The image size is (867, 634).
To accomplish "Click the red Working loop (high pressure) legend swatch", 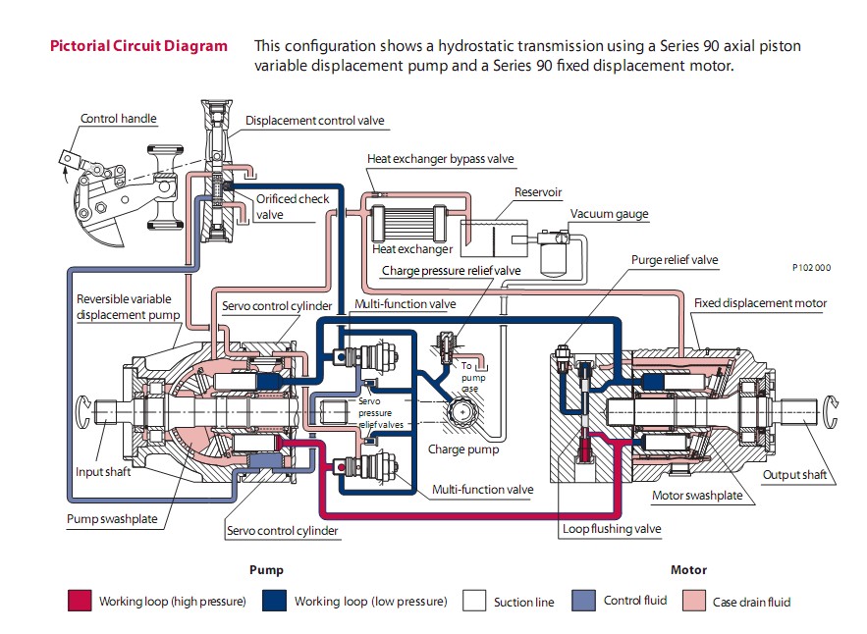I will (80, 601).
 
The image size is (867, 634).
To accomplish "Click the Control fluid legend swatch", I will (584, 601).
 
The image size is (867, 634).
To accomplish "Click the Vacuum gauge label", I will (609, 214).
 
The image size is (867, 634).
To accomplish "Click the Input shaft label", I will (103, 472).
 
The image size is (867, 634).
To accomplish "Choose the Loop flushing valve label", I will (612, 529).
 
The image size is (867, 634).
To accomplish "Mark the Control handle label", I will (119, 119).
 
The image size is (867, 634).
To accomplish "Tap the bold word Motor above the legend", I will (688, 569).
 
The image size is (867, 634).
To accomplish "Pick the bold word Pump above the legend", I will (266, 569).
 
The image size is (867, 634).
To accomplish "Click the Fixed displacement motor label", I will (760, 303).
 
